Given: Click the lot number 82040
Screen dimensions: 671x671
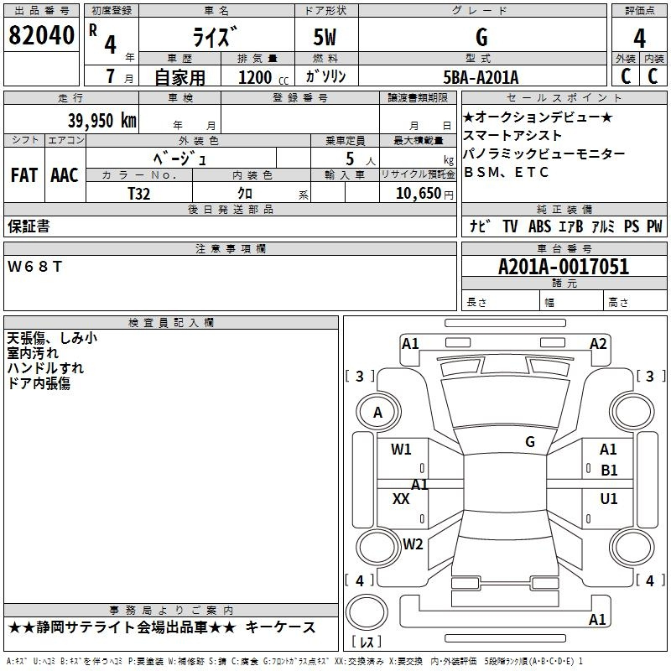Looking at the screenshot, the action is coord(41,35).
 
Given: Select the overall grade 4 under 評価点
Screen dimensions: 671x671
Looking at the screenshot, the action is coord(639,39).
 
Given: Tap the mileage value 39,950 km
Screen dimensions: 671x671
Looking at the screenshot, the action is coord(102,121).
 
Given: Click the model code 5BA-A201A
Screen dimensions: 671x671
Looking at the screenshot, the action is coord(481,77).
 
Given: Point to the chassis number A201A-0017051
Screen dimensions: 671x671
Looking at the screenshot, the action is coord(564,267).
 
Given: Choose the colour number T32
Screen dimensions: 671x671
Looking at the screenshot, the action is coord(139,194).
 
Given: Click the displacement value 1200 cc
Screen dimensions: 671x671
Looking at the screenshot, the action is coord(263,77).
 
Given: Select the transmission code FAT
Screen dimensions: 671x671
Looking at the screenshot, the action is coord(24,175).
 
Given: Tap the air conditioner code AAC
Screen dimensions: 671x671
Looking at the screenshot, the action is coord(65,175).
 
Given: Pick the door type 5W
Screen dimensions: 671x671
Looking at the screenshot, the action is coord(325,37).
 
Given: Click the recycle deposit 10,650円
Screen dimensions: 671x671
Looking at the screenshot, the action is coord(424,194).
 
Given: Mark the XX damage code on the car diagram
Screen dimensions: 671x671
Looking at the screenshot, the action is coord(401,498).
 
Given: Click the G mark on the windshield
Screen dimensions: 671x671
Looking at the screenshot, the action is coord(530,442).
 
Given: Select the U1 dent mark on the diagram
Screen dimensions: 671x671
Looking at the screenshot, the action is coord(609,498).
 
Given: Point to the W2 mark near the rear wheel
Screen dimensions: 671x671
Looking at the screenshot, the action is coord(413,544).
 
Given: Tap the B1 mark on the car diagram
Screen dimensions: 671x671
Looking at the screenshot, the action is coord(609,471).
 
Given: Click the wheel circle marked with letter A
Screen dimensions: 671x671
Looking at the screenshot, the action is coord(378,412).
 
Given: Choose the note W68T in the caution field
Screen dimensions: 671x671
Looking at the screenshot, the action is coord(34,267).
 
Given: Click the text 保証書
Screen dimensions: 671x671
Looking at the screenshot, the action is coord(29,226).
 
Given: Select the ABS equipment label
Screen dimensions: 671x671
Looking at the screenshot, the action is coord(539,226).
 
